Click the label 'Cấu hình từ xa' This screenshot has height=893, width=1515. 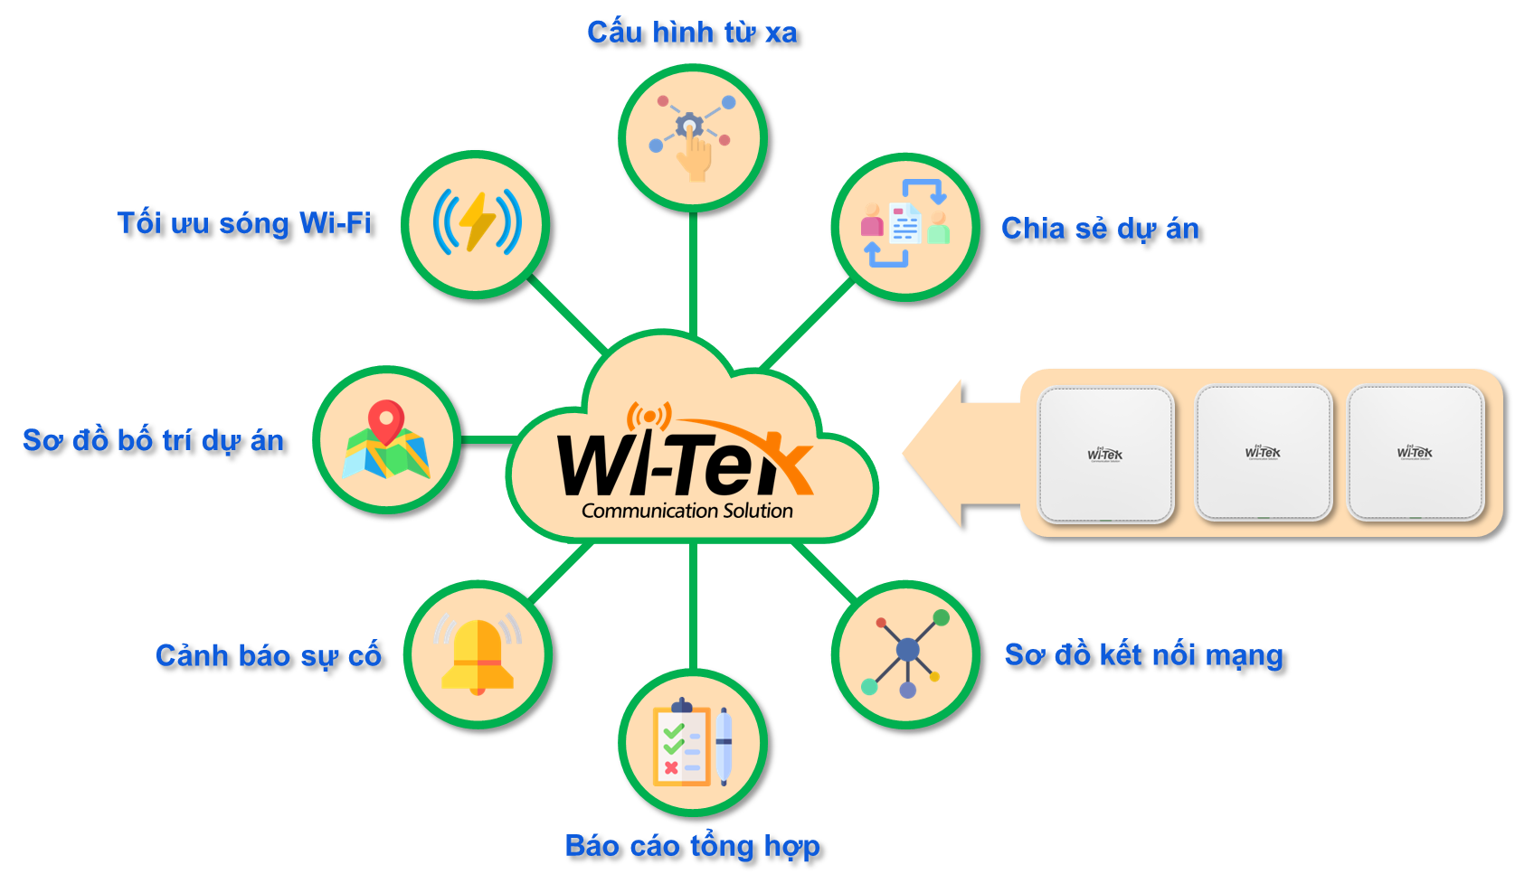click(692, 33)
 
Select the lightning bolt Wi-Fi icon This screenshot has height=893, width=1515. click(477, 222)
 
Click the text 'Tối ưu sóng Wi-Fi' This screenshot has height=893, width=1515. click(244, 223)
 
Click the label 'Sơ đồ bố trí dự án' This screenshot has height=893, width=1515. click(154, 441)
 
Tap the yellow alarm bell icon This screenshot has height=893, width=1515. click(478, 654)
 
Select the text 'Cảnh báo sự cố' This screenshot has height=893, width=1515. click(269, 655)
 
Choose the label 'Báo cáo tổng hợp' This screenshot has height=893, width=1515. click(693, 846)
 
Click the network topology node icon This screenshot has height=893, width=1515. click(905, 653)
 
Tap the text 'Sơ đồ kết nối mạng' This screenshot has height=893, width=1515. click(1143, 655)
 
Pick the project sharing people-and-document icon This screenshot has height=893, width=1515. click(905, 224)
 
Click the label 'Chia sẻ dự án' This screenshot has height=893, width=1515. click(1101, 229)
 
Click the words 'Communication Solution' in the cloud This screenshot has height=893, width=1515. click(687, 511)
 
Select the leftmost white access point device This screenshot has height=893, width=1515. click(1106, 455)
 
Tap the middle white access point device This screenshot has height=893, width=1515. click(1264, 452)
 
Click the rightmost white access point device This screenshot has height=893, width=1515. click(1416, 452)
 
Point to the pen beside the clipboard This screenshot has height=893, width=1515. click(724, 746)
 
